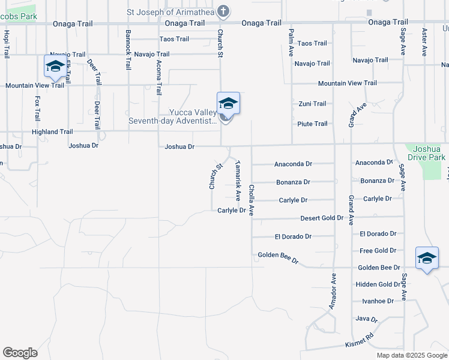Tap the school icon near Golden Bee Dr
click(x=427, y=259)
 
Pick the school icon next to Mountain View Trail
click(x=55, y=67)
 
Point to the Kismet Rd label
click(x=360, y=341)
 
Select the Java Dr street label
click(x=366, y=319)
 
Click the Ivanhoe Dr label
click(x=378, y=301)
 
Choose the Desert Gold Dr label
click(x=322, y=218)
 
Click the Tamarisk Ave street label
click(x=238, y=180)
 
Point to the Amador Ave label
click(x=332, y=292)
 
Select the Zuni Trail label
click(x=312, y=104)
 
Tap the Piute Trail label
click(x=312, y=124)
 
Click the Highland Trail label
click(x=52, y=131)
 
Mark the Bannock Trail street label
click(x=128, y=49)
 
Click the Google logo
click(x=20, y=352)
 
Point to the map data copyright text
click(x=411, y=355)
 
